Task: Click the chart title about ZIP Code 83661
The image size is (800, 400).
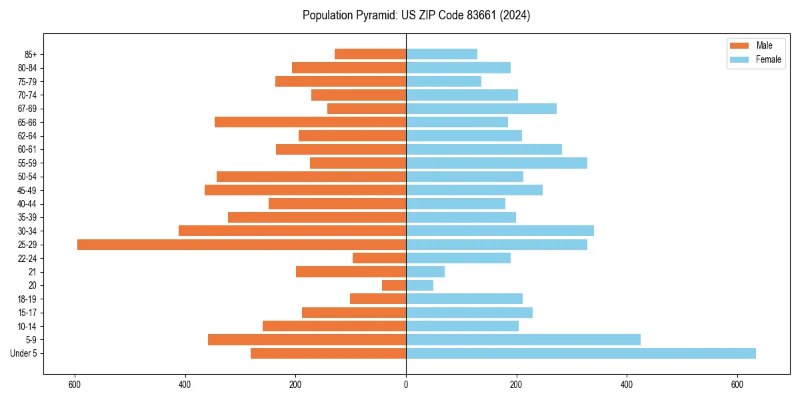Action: pyautogui.click(x=416, y=15)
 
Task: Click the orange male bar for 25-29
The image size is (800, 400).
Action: pyautogui.click(x=241, y=245)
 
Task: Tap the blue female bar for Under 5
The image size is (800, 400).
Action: pyautogui.click(x=581, y=353)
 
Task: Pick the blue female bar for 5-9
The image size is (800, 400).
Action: pyautogui.click(x=523, y=340)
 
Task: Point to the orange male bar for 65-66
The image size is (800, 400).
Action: pyautogui.click(x=310, y=122)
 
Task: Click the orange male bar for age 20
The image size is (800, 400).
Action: pyautogui.click(x=394, y=285)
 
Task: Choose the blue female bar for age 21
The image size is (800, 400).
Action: pyautogui.click(x=425, y=272)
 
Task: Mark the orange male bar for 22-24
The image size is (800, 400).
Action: pyautogui.click(x=379, y=258)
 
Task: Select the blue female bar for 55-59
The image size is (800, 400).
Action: pyautogui.click(x=497, y=163)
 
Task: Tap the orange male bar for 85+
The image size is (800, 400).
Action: pyautogui.click(x=370, y=54)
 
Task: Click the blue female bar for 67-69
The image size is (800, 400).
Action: pyautogui.click(x=481, y=109)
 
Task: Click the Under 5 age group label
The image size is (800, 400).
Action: pyautogui.click(x=24, y=353)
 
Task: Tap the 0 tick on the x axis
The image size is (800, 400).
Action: pyautogui.click(x=406, y=385)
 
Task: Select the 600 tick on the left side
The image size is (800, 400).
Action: pyautogui.click(x=75, y=385)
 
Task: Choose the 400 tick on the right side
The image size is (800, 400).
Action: pyautogui.click(x=627, y=385)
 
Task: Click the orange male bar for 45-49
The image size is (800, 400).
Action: pyautogui.click(x=305, y=190)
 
